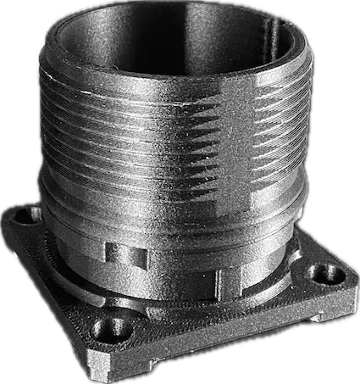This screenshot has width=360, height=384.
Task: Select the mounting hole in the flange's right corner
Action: tap(321, 273)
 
